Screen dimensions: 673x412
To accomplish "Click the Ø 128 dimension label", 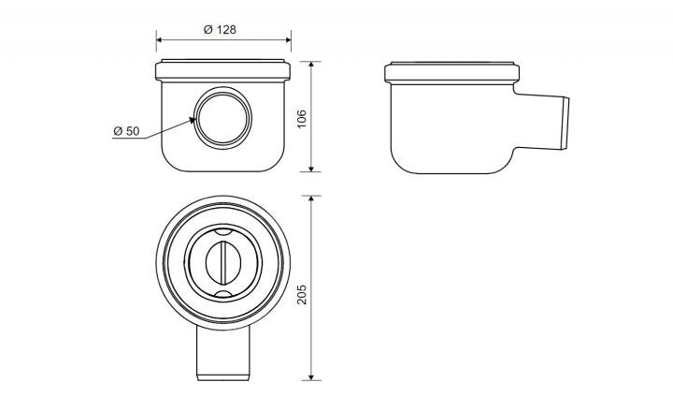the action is click(220, 30).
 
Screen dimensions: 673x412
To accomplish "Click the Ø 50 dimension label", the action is click(126, 131).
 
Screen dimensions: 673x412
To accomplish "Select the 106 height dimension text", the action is click(302, 119).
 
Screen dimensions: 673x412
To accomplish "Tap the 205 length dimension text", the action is click(302, 294).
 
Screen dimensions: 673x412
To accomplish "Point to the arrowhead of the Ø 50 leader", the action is click(192, 121).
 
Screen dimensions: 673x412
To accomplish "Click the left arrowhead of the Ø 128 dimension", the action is click(159, 39).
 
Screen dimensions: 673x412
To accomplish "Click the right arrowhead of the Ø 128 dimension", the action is click(288, 39).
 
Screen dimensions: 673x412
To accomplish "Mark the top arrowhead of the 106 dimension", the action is click(311, 65).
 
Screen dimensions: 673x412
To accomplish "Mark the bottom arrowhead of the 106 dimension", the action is click(311, 169).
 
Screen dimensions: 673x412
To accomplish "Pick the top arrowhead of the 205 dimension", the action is click(311, 199).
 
